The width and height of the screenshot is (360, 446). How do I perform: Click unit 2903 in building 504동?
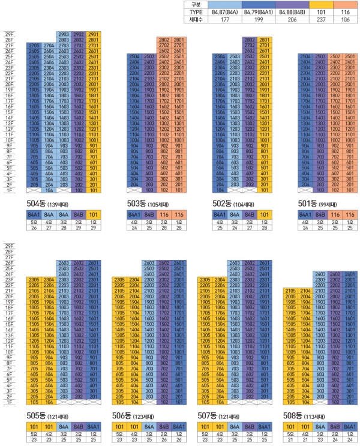(64, 35)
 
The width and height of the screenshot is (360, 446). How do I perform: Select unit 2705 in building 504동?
(34, 46)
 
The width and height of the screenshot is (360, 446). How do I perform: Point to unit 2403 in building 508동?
(320, 273)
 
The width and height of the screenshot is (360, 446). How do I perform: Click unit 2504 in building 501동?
(306, 56)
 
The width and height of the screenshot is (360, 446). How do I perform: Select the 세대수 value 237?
(312, 19)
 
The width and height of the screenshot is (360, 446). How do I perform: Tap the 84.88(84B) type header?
(280, 11)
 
